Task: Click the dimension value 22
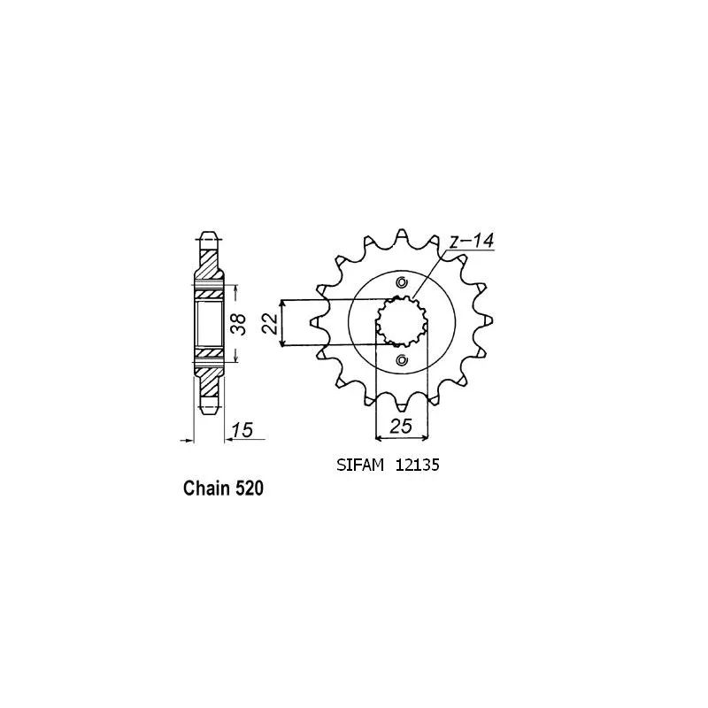270,323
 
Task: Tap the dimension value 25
402,426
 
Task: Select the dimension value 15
242,430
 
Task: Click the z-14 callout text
472,241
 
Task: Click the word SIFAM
360,466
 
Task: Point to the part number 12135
417,466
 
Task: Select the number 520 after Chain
250,489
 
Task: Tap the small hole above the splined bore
402,283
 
